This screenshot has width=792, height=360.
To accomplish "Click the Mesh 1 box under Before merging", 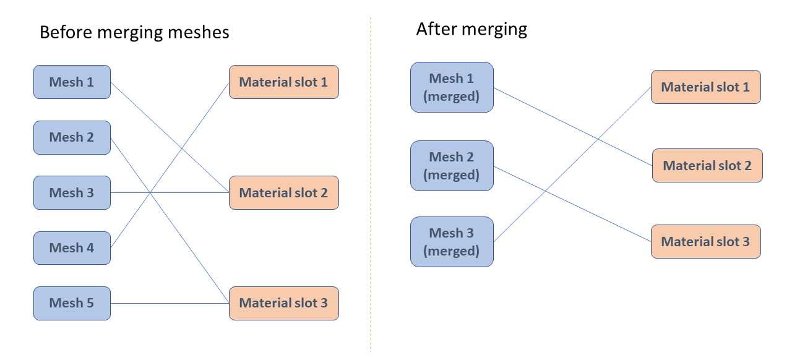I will [x=72, y=82].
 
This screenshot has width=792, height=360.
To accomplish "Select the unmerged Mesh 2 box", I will [x=72, y=137].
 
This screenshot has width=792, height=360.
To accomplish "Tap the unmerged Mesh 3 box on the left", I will [x=72, y=192].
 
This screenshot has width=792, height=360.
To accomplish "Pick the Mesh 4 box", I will [x=72, y=248].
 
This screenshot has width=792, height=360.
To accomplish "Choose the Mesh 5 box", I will [x=72, y=303].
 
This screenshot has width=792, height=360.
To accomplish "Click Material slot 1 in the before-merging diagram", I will [x=283, y=82].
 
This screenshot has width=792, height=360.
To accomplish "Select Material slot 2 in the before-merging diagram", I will [x=283, y=192].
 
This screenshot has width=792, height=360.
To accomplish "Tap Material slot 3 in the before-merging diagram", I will [x=283, y=303].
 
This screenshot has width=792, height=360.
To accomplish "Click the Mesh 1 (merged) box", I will [x=452, y=87].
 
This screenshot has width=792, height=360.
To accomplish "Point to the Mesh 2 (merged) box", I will [x=452, y=166].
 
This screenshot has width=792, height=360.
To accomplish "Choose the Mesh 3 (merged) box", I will [x=452, y=242].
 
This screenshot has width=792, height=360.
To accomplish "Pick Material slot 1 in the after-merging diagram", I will [x=705, y=87].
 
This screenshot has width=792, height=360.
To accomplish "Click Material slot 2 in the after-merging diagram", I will [x=707, y=166].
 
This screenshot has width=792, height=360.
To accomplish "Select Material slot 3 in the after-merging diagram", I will [x=705, y=242].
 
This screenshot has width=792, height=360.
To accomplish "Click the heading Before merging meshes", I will [x=134, y=32].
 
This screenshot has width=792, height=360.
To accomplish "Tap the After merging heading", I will [x=471, y=29].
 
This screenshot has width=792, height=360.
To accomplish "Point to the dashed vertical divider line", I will [x=371, y=186].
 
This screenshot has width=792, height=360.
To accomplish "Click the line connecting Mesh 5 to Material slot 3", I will [x=170, y=303].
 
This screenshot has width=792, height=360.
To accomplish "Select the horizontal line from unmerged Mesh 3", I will [x=186, y=192].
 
